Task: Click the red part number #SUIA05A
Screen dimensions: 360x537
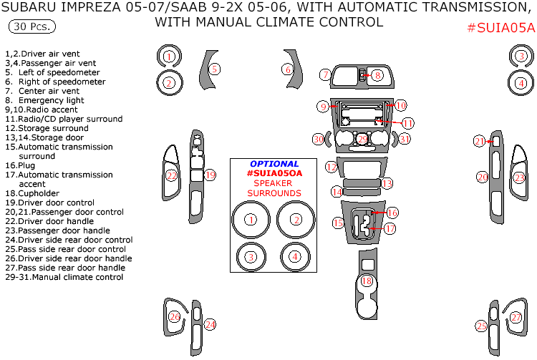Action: (x=500, y=29)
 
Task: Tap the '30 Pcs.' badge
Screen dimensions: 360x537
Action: (x=32, y=27)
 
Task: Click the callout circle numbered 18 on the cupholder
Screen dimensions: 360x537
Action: (x=367, y=281)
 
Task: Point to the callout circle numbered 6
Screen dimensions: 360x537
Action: (x=288, y=69)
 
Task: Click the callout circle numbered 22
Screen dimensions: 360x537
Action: (x=172, y=175)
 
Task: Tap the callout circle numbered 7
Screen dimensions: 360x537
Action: (x=325, y=74)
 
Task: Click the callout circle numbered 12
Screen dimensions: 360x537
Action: (x=331, y=167)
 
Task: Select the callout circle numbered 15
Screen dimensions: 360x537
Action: (x=338, y=223)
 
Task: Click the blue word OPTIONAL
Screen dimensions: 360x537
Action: (x=274, y=164)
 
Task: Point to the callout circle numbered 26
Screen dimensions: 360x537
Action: (x=175, y=317)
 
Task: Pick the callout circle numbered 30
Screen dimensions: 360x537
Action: (x=319, y=139)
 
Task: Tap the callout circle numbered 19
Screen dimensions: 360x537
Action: (x=210, y=175)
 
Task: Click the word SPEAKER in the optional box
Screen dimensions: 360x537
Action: (x=274, y=183)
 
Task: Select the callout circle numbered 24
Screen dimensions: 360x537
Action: (x=210, y=325)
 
